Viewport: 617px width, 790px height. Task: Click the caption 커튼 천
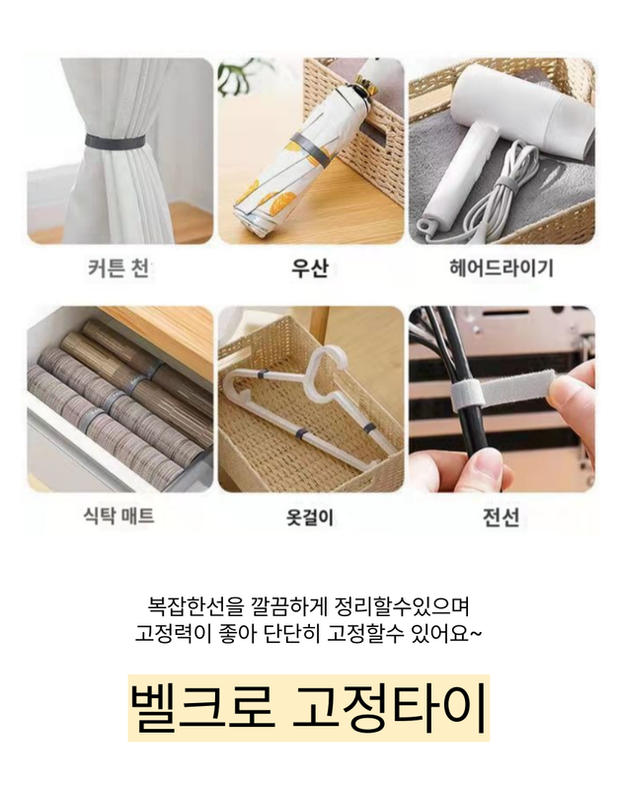[x=118, y=268]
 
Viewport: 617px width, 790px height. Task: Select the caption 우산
[x=310, y=268]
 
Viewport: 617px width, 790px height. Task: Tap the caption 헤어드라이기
[x=501, y=268]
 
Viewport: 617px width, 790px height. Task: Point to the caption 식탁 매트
[x=118, y=515]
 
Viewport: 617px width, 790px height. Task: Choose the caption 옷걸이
[x=310, y=516]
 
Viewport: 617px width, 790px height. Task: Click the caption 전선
[x=501, y=516]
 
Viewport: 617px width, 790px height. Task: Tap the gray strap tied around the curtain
[x=116, y=141]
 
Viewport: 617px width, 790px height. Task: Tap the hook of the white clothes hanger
[x=327, y=365]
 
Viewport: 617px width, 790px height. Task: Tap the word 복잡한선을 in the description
[x=194, y=606]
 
